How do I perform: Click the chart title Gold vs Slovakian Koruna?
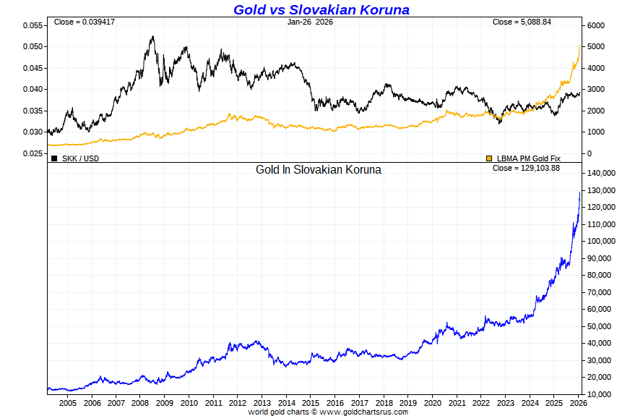[321, 9]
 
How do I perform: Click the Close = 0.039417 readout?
[85, 22]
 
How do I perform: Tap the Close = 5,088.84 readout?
[522, 22]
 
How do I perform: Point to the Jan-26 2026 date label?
[310, 22]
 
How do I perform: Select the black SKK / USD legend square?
[54, 158]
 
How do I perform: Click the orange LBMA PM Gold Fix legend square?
[489, 158]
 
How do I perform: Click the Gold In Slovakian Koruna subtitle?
[319, 169]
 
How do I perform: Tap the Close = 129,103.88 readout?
[526, 168]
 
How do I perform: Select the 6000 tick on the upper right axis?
[597, 25]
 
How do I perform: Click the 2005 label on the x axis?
[67, 402]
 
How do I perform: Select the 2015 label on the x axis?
[311, 402]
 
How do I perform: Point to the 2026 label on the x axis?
[579, 402]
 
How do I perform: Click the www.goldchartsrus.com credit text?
[363, 412]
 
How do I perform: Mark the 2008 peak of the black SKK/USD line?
[152, 36]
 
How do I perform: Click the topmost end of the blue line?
[580, 192]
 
